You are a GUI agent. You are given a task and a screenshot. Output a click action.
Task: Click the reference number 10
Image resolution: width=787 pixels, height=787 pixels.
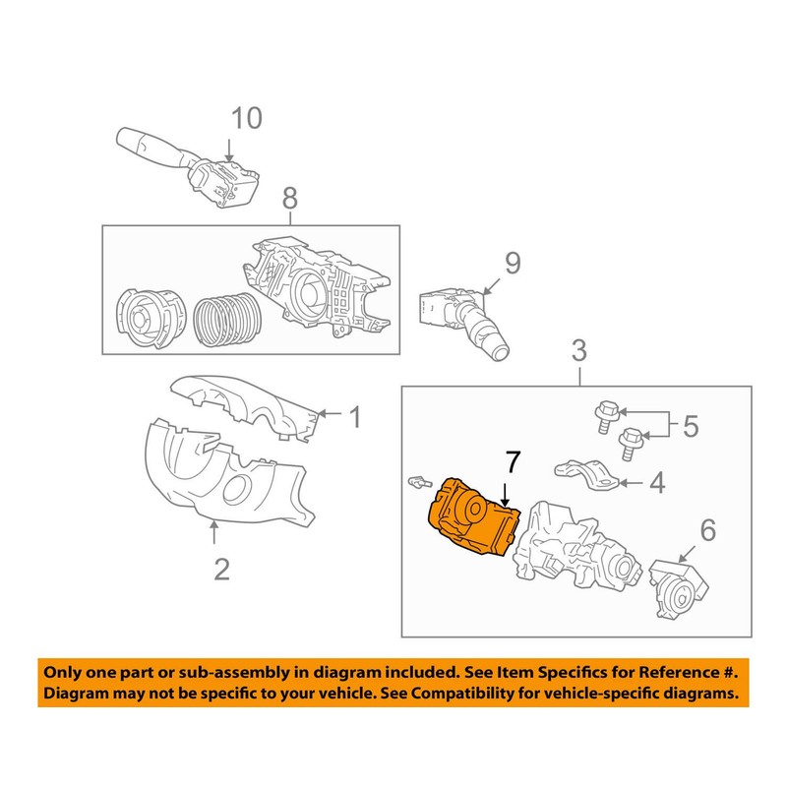point(247,119)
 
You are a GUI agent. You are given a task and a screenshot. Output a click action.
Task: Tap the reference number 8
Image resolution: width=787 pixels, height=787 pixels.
point(289,199)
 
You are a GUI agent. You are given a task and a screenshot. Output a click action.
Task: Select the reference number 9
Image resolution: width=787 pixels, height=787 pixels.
point(513,264)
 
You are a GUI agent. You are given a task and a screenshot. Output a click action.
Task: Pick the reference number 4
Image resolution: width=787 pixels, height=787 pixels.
point(657,482)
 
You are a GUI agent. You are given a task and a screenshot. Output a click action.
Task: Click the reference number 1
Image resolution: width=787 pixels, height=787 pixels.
point(355,418)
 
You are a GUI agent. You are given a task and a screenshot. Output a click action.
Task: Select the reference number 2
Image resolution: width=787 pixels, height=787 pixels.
point(221,568)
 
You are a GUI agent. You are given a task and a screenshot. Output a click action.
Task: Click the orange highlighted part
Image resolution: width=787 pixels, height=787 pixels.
point(470,518)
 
